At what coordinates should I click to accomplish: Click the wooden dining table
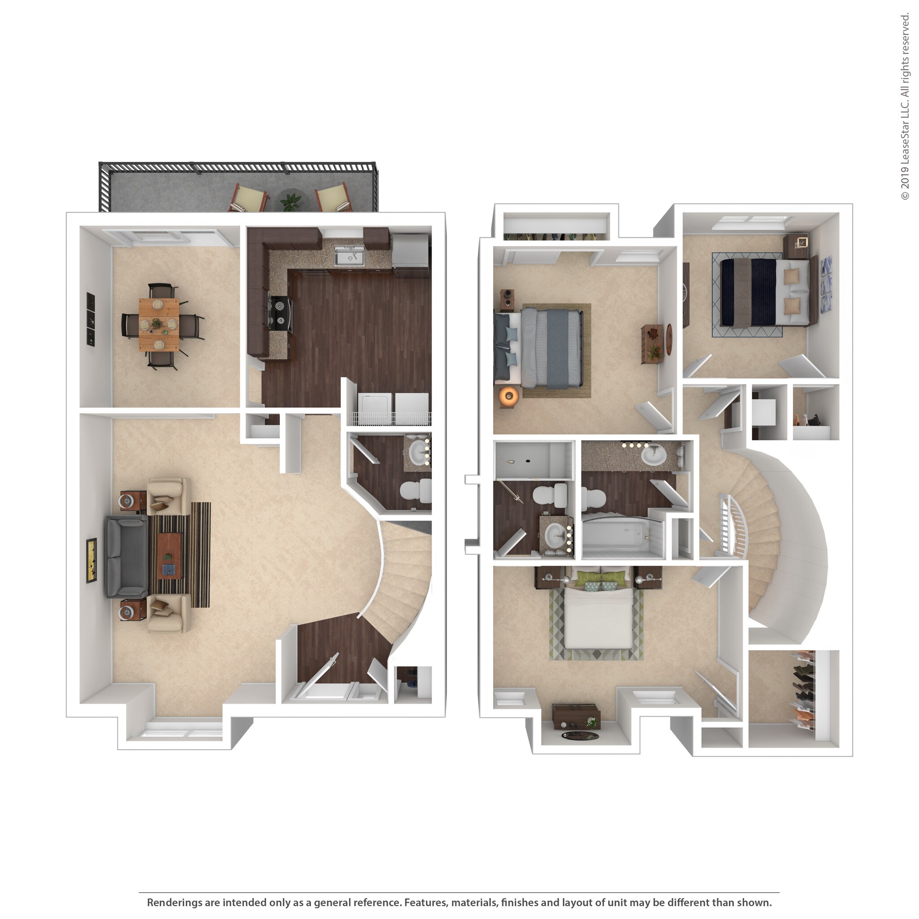coord(159,324)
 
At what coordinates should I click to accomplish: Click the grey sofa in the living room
coord(127,556)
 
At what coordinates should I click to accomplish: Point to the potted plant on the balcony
coord(290,201)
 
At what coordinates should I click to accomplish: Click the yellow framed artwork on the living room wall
coord(92,560)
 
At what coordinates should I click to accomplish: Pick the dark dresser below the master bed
coord(576,716)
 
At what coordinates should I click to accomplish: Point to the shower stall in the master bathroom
coord(533,460)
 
